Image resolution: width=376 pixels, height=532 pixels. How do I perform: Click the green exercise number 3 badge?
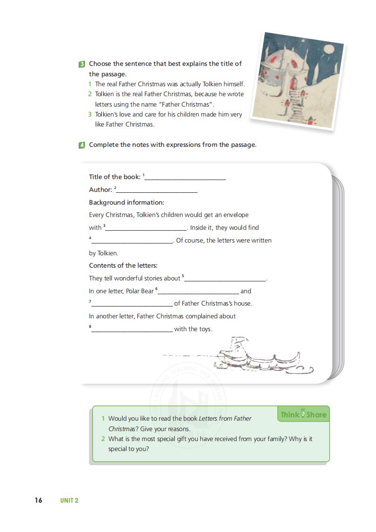point(82,64)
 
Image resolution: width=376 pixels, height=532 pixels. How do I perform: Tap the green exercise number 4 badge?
point(82,145)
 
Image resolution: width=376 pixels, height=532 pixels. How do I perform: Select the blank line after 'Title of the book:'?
point(185,178)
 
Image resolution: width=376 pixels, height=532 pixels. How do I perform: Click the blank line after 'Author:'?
point(157,190)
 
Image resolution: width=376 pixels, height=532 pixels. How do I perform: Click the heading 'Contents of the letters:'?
point(123,265)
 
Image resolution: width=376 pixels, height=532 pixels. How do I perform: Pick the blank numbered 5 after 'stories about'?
point(225,279)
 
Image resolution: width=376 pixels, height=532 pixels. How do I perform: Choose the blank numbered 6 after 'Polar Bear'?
point(198,292)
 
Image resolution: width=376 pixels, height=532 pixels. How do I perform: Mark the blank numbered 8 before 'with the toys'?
point(132,330)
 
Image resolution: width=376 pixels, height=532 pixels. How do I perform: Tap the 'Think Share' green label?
point(303,415)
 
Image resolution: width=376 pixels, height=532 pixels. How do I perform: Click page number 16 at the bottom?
point(38,500)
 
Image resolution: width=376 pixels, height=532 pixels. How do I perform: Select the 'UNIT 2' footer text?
point(69,500)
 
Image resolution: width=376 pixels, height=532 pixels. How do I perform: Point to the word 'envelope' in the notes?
point(236,215)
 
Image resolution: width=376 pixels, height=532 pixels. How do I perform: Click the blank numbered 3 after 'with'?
point(146,228)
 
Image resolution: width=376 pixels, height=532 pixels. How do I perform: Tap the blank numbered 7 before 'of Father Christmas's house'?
point(132,304)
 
